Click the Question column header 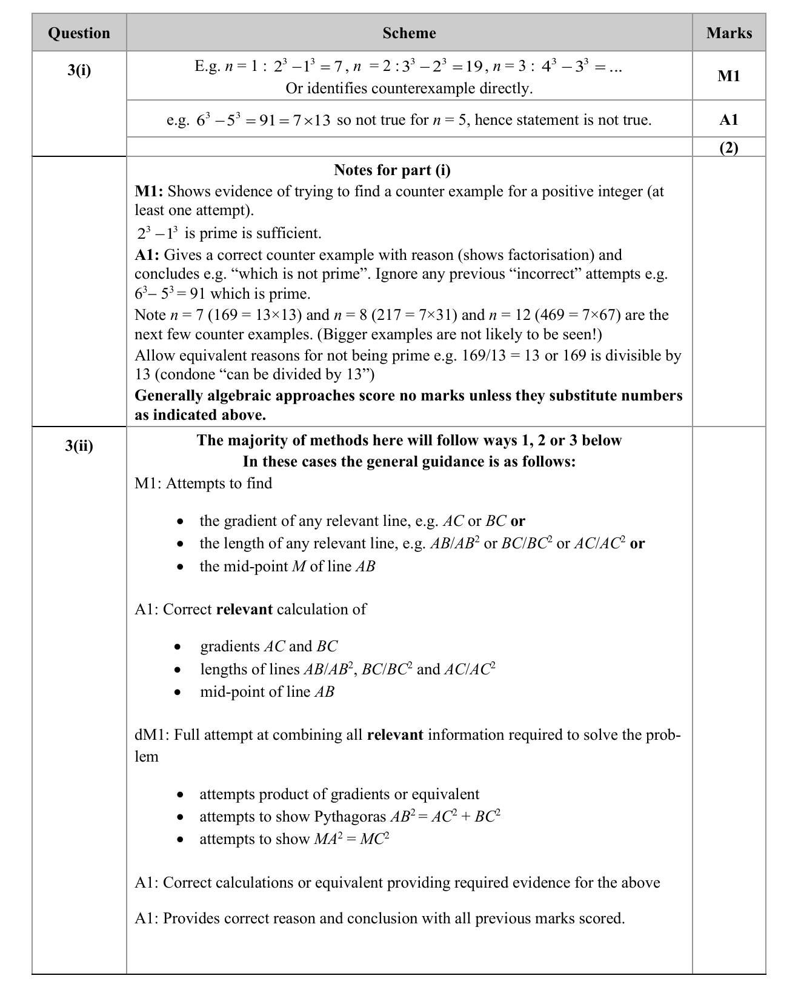(x=79, y=33)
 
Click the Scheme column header (x=409, y=33)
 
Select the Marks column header (x=729, y=33)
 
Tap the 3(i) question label (x=79, y=70)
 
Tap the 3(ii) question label (x=79, y=447)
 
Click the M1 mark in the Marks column (x=729, y=76)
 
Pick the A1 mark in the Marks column (x=729, y=119)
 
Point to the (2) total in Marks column (x=729, y=147)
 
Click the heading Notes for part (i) (x=392, y=170)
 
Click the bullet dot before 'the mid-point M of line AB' (x=180, y=567)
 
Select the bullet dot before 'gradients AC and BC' (x=178, y=647)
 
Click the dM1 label (x=151, y=735)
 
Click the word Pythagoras (x=350, y=817)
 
